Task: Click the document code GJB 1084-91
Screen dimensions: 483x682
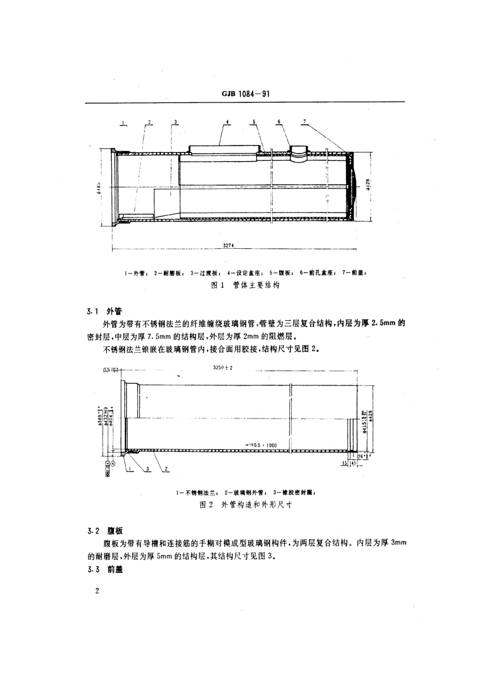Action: tap(245, 94)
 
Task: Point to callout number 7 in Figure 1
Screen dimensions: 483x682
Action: tap(304, 122)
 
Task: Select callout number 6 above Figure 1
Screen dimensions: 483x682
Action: tap(279, 122)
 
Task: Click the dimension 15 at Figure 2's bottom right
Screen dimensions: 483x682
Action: tap(345, 463)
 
